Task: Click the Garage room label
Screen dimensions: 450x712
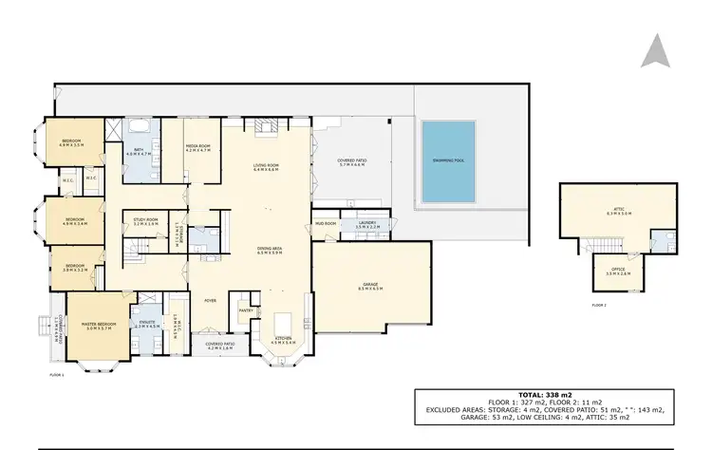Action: click(370, 284)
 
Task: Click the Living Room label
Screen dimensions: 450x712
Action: click(265, 167)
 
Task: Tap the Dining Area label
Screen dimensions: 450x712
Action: click(270, 251)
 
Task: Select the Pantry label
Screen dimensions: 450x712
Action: click(244, 309)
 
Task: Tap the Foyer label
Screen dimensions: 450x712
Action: click(210, 300)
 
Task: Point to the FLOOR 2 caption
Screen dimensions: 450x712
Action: click(598, 306)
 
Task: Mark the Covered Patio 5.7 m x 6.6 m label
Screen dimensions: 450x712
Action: click(352, 161)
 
